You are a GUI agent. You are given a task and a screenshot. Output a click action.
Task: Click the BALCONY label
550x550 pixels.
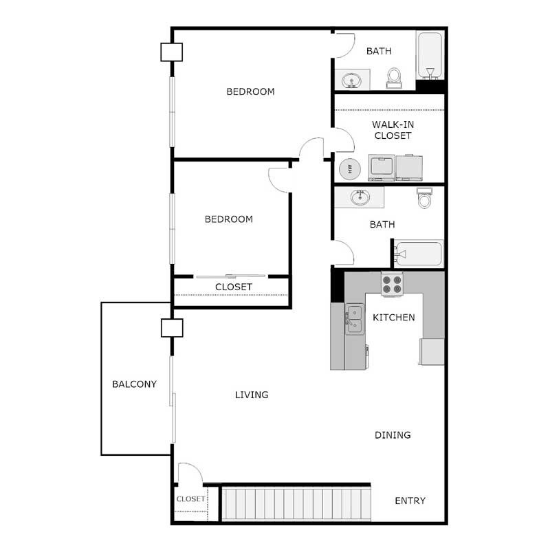134,384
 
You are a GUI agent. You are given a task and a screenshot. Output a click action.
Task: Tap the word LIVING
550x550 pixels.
252,395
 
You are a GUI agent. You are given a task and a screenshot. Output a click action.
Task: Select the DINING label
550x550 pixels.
393,435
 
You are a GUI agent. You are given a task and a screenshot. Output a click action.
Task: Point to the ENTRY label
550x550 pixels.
410,500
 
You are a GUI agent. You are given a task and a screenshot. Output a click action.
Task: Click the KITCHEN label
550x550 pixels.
393,318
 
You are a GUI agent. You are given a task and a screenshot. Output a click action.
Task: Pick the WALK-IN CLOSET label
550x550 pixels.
393,130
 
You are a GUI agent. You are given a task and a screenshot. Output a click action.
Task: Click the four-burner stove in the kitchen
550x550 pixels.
392,285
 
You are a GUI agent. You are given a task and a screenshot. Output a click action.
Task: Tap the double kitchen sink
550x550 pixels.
354,318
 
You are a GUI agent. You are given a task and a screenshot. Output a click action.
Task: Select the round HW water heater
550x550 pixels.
350,168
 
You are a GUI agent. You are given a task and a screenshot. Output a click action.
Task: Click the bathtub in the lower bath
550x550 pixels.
419,254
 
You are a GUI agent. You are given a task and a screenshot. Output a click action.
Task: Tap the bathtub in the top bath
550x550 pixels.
430,55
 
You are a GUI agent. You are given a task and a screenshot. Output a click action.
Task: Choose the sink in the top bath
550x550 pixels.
353,81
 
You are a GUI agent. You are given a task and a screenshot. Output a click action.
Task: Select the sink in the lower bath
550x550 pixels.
360,197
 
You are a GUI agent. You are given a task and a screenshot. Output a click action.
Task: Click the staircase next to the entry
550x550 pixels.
296,505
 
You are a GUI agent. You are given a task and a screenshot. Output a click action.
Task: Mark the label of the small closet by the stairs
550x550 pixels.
190,499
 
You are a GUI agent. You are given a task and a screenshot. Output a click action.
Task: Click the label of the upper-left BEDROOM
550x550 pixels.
250,91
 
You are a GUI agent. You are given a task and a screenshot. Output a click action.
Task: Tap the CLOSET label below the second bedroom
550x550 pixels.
233,287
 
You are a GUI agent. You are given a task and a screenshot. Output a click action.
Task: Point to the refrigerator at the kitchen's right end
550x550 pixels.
432,351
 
